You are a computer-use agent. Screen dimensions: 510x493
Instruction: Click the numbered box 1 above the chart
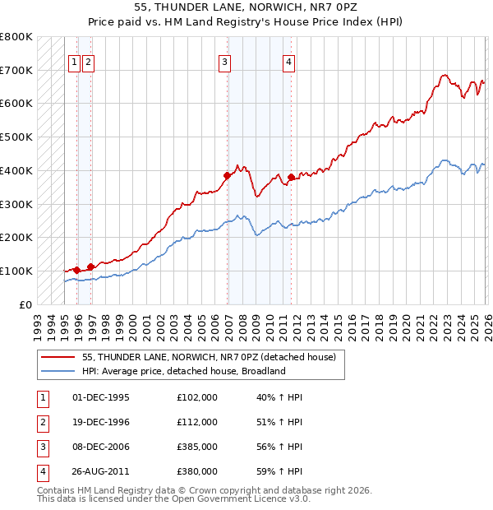tap(74, 60)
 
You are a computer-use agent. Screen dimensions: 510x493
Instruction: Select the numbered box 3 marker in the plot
tap(224, 60)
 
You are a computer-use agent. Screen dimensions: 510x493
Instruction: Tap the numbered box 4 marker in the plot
tap(289, 60)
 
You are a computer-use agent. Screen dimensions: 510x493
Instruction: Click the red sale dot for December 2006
tap(227, 175)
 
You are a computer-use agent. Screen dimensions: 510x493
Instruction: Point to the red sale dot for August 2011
tap(292, 177)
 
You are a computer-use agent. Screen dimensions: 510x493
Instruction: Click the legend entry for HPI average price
tap(183, 371)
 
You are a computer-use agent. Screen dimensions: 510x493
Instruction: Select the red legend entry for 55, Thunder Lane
tap(209, 357)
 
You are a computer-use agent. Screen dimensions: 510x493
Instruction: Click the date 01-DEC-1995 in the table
tap(101, 397)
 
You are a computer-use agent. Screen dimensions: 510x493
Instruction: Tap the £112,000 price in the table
tap(197, 422)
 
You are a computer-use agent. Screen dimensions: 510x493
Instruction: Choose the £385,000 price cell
tap(197, 447)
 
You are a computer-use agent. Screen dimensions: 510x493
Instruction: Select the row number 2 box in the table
tap(40, 422)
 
